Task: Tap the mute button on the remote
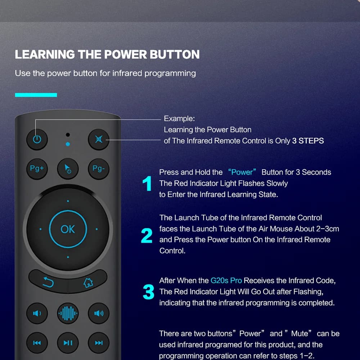pyautogui.click(x=99, y=139)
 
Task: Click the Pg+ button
pyautogui.click(x=37, y=169)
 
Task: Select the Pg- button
pyautogui.click(x=99, y=169)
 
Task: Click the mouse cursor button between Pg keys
pyautogui.click(x=68, y=169)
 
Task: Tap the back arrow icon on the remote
pyautogui.click(x=48, y=282)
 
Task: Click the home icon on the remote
pyautogui.click(x=88, y=283)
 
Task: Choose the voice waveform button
pyautogui.click(x=68, y=313)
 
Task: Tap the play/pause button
pyautogui.click(x=68, y=343)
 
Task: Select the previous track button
pyautogui.click(x=37, y=343)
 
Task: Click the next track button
pyautogui.click(x=99, y=343)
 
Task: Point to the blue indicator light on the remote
pyautogui.click(x=68, y=144)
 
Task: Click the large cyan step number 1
pyautogui.click(x=147, y=184)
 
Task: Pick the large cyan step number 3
pyautogui.click(x=148, y=292)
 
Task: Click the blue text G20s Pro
pyautogui.click(x=226, y=280)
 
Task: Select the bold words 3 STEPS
pyautogui.click(x=308, y=141)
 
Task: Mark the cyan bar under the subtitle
pyautogui.click(x=36, y=95)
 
